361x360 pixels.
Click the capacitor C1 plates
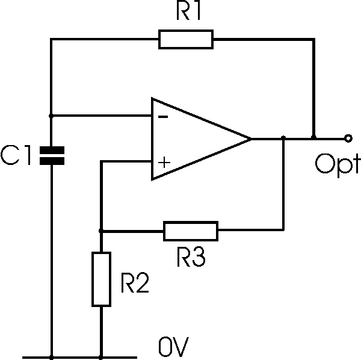(52, 156)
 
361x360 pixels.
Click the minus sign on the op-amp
(163, 117)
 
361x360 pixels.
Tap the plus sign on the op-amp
(164, 163)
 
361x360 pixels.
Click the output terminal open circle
(348, 138)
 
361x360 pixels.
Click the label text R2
(135, 283)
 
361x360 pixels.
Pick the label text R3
(191, 257)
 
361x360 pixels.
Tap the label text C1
(16, 155)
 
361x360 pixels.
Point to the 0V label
(174, 346)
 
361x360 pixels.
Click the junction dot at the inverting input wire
(51, 116)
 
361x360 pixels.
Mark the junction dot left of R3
(101, 231)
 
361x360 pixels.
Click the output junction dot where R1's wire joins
(313, 137)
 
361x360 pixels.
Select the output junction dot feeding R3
(283, 138)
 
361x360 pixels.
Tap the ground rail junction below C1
(52, 358)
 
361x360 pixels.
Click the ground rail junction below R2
(100, 358)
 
